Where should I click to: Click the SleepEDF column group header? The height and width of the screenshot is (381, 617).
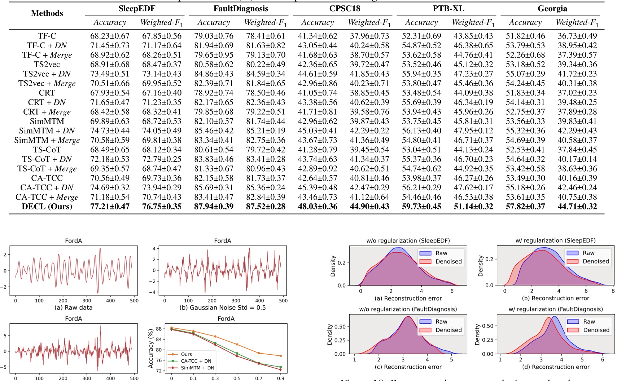136,9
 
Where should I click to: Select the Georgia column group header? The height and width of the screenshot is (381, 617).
552,9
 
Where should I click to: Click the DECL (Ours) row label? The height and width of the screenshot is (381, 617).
47,207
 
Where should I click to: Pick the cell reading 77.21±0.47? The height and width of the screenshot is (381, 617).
110,207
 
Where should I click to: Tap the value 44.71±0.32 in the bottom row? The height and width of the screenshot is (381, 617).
577,207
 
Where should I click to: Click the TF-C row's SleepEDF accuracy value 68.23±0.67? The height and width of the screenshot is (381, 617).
110,36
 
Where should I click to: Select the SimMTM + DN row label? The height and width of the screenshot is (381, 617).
47,131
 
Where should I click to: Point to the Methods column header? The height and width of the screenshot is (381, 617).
47,13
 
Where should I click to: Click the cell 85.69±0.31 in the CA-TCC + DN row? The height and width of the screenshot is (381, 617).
214,188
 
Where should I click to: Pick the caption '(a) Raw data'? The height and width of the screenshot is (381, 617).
73,307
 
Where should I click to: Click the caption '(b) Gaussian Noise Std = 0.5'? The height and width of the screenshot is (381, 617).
223,307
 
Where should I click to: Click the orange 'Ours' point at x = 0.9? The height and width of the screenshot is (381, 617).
280,356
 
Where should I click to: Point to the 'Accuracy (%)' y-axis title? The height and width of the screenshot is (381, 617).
151,349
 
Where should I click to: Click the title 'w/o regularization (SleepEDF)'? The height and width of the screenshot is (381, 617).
408,240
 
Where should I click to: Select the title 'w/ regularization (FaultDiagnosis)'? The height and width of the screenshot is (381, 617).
556,309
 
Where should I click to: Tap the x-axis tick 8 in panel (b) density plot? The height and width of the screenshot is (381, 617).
613,291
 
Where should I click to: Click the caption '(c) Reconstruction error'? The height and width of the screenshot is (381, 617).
408,367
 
